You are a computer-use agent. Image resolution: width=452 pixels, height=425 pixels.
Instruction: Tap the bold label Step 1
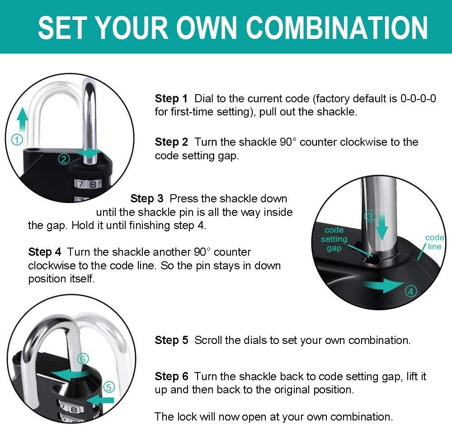point(171,99)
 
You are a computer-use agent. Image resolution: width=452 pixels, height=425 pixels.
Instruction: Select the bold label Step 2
point(171,142)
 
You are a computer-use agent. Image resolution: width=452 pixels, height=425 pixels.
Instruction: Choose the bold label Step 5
point(171,340)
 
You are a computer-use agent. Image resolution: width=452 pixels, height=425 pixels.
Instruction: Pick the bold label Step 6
point(171,377)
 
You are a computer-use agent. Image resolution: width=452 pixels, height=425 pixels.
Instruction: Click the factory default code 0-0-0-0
point(418,99)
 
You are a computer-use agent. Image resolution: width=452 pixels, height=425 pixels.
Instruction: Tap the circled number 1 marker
point(17,140)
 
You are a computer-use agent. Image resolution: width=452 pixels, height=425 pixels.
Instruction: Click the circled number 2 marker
point(64,158)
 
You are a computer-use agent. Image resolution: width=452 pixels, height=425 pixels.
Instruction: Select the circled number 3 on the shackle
point(370,216)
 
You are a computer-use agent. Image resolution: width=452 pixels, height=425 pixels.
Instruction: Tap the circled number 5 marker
point(109,387)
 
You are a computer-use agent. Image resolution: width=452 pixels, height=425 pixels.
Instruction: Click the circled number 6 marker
point(82,359)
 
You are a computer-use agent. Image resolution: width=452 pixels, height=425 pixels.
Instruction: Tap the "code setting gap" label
point(334,239)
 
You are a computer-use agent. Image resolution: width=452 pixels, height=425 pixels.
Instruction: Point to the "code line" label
point(434,242)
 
